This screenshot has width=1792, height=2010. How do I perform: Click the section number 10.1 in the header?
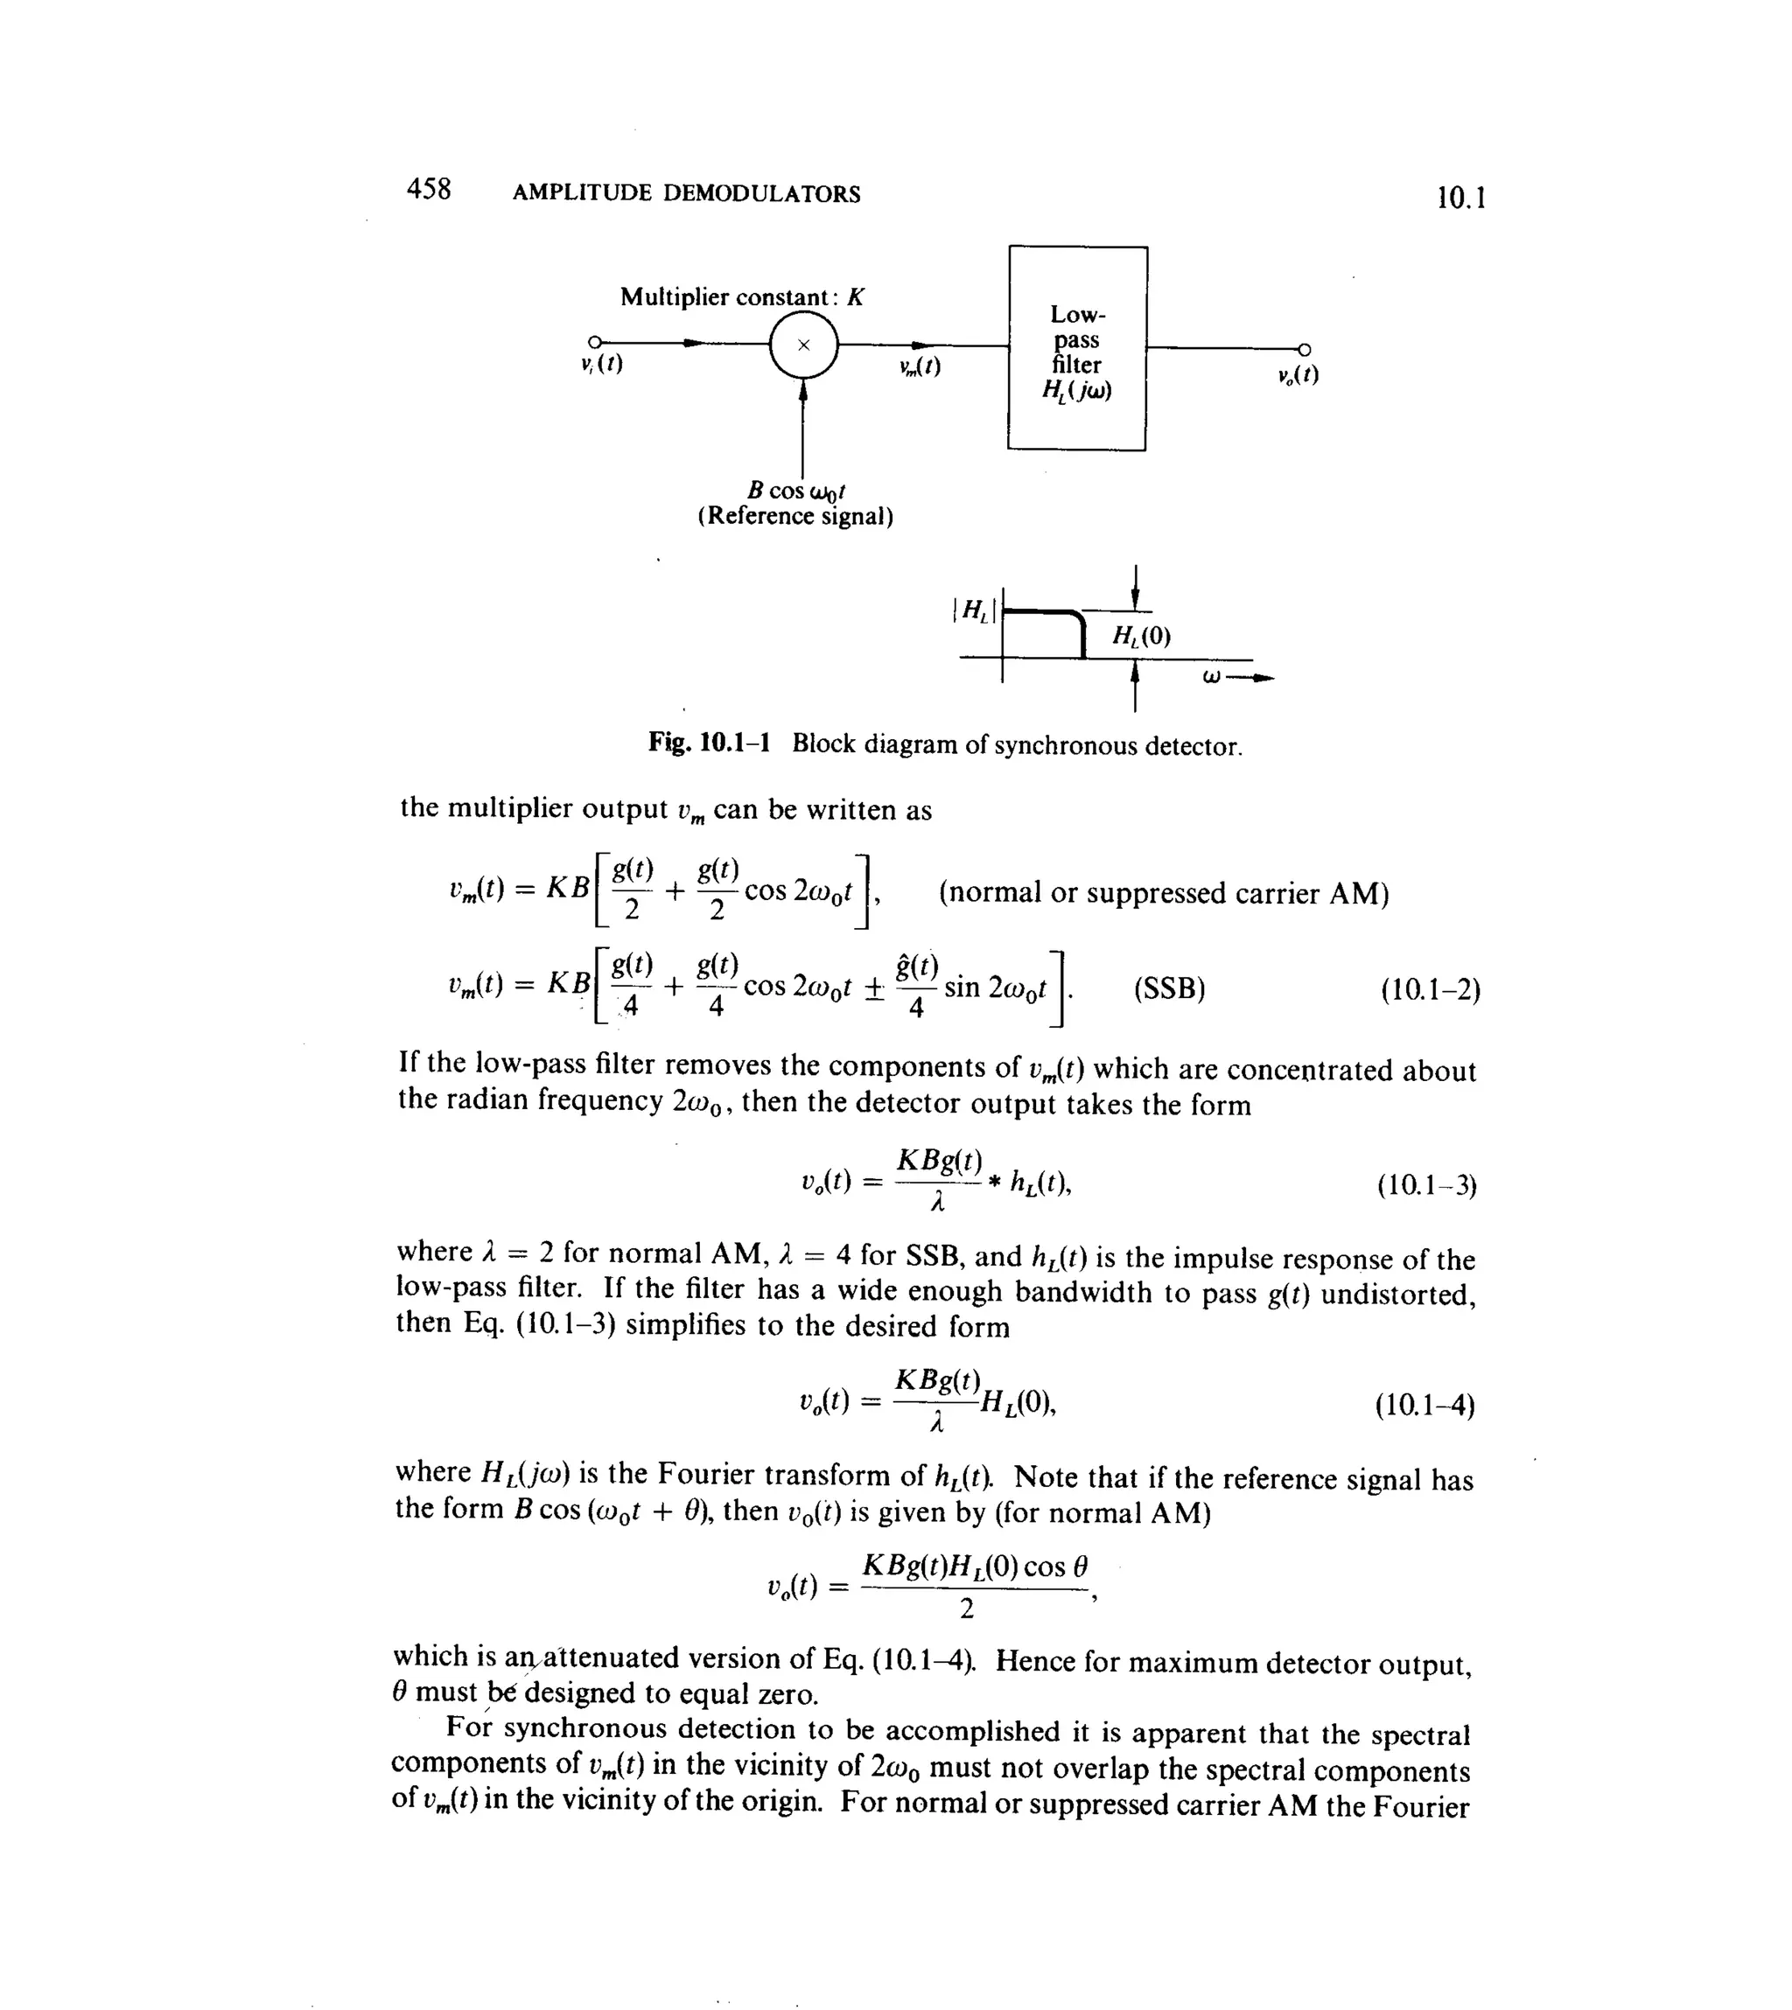[1460, 198]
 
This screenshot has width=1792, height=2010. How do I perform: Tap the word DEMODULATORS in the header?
[761, 194]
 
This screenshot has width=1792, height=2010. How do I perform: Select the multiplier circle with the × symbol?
[803, 345]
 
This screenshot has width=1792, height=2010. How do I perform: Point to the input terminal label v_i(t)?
[602, 363]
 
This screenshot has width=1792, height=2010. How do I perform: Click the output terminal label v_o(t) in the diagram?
[1298, 375]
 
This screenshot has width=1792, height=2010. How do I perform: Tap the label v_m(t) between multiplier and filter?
[920, 366]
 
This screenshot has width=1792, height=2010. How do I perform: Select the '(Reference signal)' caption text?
[795, 517]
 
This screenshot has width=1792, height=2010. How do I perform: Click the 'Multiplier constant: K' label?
[742, 297]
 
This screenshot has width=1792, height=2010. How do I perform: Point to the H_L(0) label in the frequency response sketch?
[1141, 636]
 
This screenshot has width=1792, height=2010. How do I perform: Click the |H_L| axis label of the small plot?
[974, 611]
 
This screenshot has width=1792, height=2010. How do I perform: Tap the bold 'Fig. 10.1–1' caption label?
[709, 743]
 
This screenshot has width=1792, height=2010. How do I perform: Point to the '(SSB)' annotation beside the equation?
[1169, 988]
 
